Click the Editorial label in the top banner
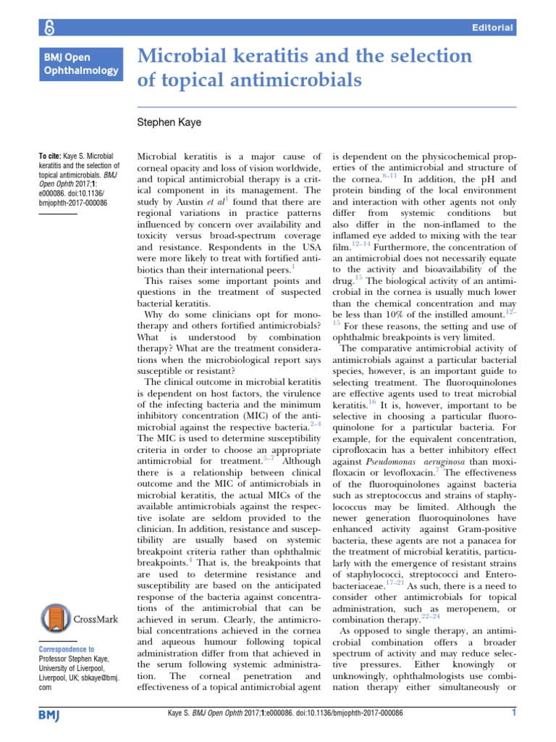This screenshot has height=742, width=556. pyautogui.click(x=492, y=28)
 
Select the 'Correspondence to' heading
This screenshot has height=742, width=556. pyautogui.click(x=67, y=649)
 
